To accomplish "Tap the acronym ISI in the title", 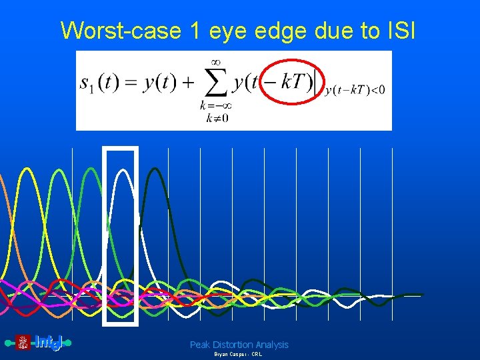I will [398, 30].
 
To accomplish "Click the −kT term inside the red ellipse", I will [290, 83].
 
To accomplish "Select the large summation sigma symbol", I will [213, 84].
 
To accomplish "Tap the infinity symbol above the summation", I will [213, 61].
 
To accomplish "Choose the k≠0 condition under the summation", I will [210, 118].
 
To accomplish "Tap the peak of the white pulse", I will [121, 171].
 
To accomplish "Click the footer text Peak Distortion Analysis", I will [239, 345].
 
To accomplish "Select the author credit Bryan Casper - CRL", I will [238, 355].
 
